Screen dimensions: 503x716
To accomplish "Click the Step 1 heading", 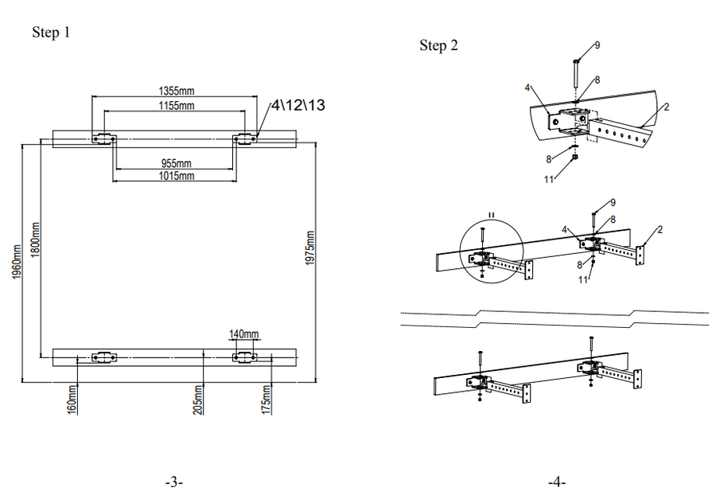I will (51, 33).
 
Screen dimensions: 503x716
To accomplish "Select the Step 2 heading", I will (438, 45).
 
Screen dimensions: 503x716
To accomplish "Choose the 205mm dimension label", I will (198, 398).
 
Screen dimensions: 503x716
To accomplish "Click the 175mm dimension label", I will (267, 398).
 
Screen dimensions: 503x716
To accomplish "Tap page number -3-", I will (174, 482).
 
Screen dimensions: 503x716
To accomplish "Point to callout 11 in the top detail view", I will (549, 179).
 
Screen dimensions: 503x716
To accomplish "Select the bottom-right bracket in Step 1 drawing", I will (245, 357).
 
